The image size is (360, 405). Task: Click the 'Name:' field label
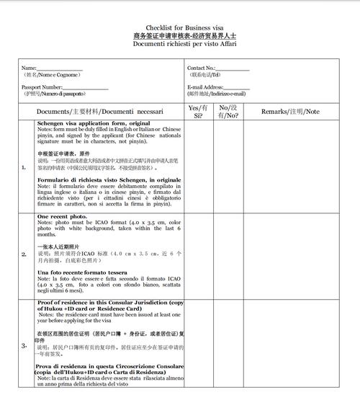pos(29,68)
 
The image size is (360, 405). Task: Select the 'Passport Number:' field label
pos(42,87)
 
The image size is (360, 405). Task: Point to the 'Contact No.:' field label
pos(202,68)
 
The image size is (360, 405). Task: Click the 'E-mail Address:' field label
pos(206,87)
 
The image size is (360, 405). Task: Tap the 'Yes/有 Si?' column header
pos(198,111)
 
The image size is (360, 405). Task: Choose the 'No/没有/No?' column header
pos(228,111)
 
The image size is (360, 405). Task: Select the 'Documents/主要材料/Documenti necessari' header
pos(100,112)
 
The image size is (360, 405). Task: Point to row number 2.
pos(24,254)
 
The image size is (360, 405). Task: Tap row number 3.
pos(24,345)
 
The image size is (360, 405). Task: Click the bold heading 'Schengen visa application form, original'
pos(94,123)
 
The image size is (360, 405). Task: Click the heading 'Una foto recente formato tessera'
pos(82,272)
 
